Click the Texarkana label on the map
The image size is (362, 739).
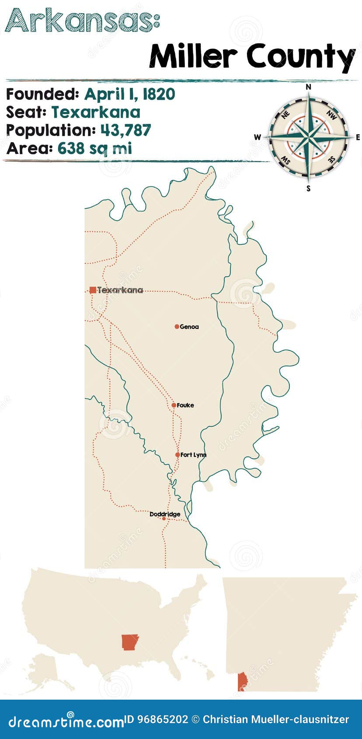click(x=120, y=290)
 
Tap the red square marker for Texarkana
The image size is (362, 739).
click(x=93, y=290)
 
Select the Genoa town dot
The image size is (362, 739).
click(x=177, y=327)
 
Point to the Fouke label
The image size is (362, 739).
click(x=185, y=405)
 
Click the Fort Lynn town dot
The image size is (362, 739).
click(x=177, y=455)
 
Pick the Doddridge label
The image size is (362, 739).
click(x=165, y=514)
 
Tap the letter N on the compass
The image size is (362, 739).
click(x=308, y=87)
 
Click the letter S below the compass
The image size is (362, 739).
click(x=308, y=188)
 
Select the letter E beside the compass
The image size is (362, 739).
click(x=358, y=137)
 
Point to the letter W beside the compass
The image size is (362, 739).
click(x=257, y=137)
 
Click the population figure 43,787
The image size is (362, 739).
click(x=125, y=130)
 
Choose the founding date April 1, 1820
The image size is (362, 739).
click(x=129, y=94)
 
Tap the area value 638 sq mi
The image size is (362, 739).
click(x=94, y=149)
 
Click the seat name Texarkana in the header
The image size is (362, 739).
click(x=96, y=112)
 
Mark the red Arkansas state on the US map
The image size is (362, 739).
click(x=130, y=642)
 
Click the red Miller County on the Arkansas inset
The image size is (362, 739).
click(x=241, y=682)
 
